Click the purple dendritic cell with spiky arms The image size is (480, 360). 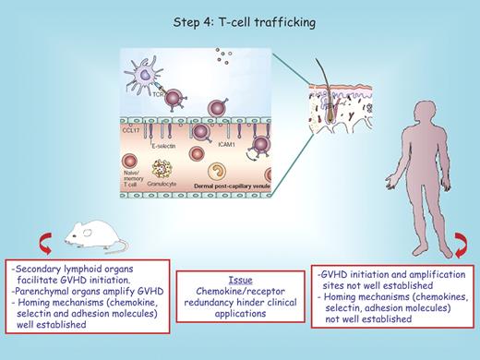point(144,71)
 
